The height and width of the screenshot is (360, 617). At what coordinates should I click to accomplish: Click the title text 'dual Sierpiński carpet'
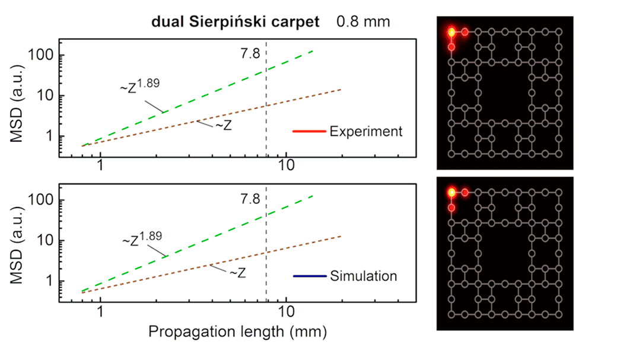(234, 23)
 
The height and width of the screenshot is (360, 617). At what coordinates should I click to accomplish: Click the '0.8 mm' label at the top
(363, 23)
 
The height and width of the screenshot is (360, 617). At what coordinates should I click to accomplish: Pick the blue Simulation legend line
(309, 276)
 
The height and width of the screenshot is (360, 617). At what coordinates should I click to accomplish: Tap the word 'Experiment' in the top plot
(365, 131)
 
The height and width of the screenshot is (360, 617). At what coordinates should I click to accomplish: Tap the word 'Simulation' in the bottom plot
(364, 276)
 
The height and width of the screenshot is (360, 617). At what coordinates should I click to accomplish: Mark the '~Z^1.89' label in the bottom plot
(141, 238)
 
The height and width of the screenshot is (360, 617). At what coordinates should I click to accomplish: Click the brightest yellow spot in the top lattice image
(451, 32)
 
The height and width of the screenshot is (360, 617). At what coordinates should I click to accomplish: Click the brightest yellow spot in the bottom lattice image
(451, 193)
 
